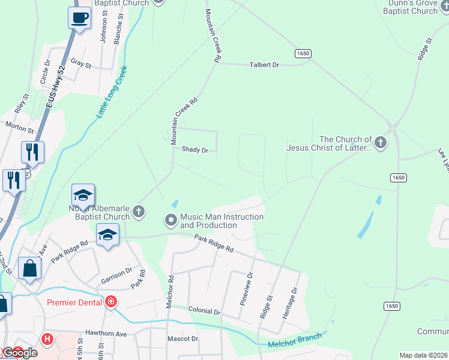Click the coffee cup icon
click(x=79, y=17)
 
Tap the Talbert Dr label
click(x=265, y=64)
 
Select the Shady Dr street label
click(x=194, y=150)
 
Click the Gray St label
click(x=80, y=64)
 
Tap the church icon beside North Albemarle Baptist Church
click(x=139, y=211)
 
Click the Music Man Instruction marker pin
click(x=171, y=220)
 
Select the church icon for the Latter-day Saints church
click(x=380, y=143)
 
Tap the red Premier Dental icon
click(x=110, y=302)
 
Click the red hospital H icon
click(x=47, y=339)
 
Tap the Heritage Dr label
click(x=294, y=299)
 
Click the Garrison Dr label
click(x=116, y=272)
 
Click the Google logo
click(x=20, y=353)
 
